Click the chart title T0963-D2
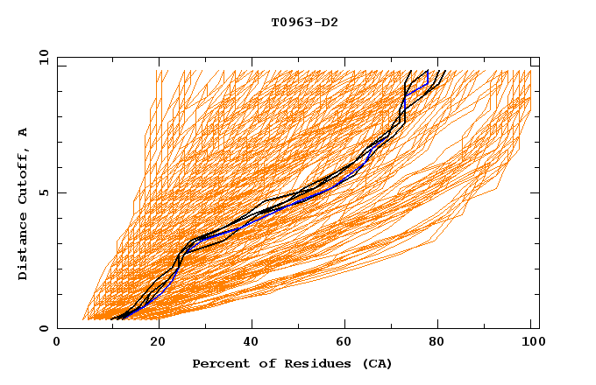tap(304, 22)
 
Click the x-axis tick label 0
tap(57, 343)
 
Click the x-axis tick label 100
tap(531, 343)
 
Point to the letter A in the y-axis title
tap(24, 132)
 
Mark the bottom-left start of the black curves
tap(113, 319)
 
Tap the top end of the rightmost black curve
tap(445, 70)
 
